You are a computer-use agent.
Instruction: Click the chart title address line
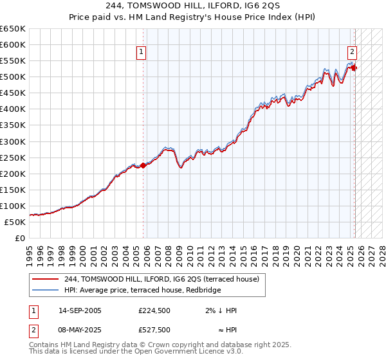coord(193,6)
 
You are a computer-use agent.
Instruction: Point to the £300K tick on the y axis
coord(13,141)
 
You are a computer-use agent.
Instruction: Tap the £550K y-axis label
coord(13,61)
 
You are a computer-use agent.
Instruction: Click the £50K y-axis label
coord(15,222)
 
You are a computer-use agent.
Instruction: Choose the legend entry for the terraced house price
coord(161,279)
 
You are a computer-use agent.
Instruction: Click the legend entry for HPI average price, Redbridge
coord(142,290)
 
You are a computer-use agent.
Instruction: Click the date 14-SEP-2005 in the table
coord(80,310)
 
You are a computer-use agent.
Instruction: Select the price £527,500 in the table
coord(154,330)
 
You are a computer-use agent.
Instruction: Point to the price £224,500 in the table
coord(154,310)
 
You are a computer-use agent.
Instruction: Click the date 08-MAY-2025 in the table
coord(80,330)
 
